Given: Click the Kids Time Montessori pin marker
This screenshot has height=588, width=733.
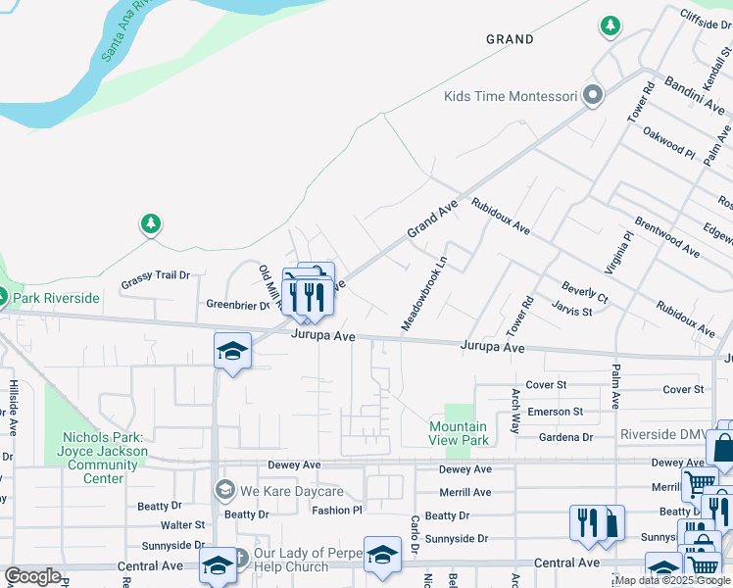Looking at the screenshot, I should coord(592,96).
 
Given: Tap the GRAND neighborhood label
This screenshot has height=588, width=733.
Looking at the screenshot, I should coord(511,40).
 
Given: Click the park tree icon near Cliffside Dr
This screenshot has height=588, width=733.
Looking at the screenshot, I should coord(611,25).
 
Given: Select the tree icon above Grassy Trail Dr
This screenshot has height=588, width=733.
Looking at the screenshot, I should coord(150,225).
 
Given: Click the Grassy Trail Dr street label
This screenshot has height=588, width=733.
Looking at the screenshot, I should coord(155,276).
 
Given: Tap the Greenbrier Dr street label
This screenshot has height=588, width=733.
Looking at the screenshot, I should coord(237,305).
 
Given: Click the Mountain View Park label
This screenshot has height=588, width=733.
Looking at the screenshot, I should coord(459,433).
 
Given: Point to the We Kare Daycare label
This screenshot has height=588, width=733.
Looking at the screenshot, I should coord(292,491).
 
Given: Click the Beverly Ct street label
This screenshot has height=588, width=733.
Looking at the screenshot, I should coord(585,291).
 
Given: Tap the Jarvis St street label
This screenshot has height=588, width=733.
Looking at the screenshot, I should coord(571,311).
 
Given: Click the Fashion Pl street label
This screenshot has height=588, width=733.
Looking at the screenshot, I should coord(337,511).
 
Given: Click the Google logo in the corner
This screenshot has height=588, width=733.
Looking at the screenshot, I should coord(32,575).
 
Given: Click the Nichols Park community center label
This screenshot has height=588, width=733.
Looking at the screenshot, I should coord(104,458).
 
